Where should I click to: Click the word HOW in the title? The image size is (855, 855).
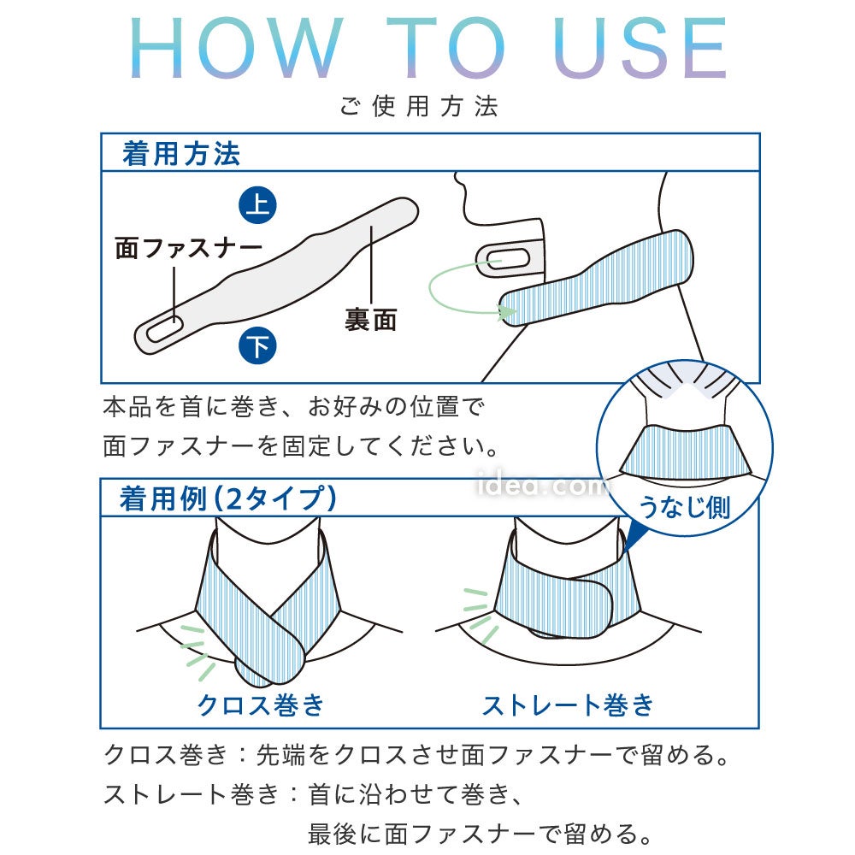coord(236,48)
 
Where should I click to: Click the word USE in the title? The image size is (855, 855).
coord(639,48)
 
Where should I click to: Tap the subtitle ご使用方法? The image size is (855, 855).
coord(419,106)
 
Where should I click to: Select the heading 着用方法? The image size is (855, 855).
coord(181,153)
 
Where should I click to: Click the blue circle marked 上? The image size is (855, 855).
coord(257,205)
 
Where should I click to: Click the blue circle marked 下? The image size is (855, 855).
coord(257,345)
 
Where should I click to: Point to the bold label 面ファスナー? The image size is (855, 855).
coord(189,248)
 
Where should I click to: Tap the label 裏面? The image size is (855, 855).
coord(370,319)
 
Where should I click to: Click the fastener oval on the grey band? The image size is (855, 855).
coord(163,329)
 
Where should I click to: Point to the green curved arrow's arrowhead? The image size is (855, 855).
coord(508,312)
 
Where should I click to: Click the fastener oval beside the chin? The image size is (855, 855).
coord(503,261)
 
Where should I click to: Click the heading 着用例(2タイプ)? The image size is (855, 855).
coord(228,498)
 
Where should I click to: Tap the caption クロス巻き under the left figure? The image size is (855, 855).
coord(261,705)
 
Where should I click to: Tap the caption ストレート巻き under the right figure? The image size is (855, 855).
coord(568,705)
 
